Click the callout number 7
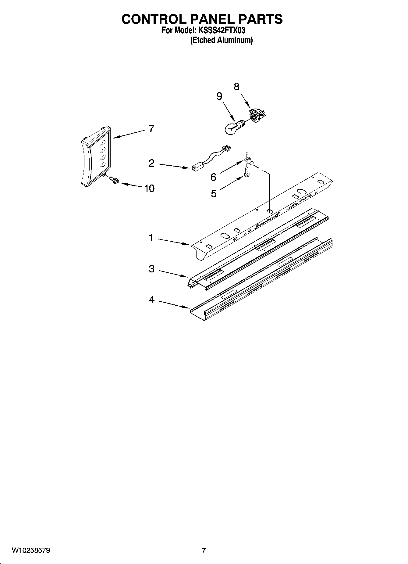point(151,129)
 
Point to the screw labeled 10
point(114,180)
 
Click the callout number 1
point(151,238)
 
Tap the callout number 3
point(151,269)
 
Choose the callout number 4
point(151,300)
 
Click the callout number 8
point(236,87)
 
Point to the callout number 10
point(149,189)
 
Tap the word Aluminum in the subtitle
point(235,40)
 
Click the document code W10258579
point(31,550)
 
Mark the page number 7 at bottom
point(204,551)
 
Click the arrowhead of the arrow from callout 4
point(188,308)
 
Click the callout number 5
point(214,193)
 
